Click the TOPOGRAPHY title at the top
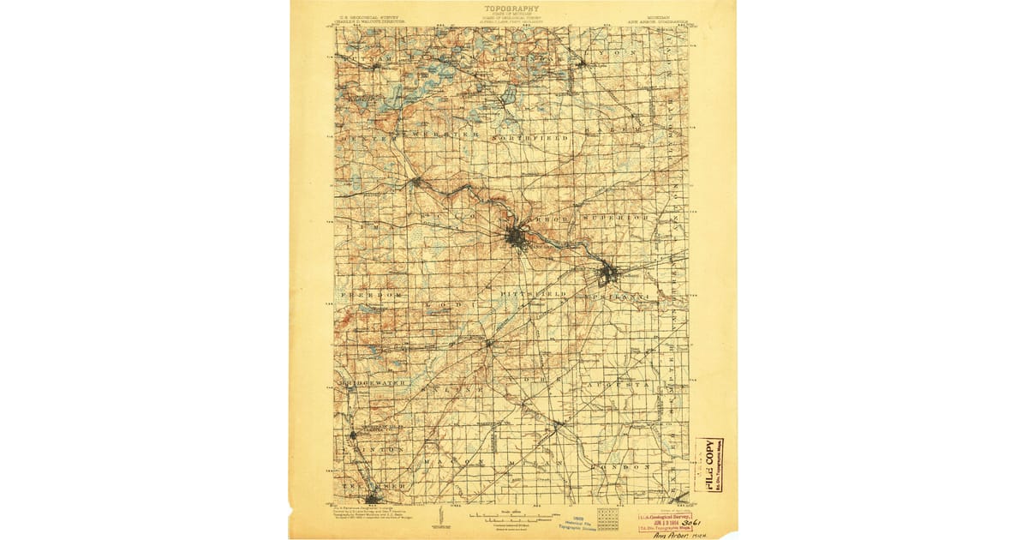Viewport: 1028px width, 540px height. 512,9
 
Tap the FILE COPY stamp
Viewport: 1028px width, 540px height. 709,464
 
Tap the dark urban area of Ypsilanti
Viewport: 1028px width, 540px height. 609,274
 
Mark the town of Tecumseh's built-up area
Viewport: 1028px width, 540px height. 373,497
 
